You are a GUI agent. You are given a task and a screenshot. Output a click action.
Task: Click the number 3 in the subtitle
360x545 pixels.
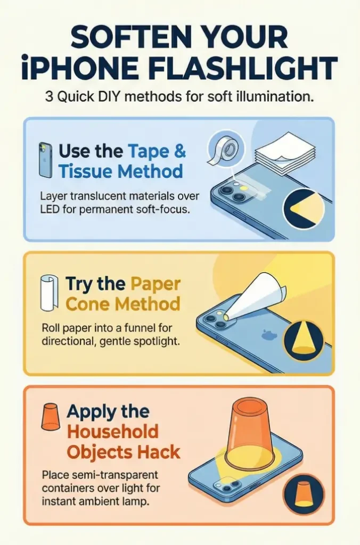[49, 96]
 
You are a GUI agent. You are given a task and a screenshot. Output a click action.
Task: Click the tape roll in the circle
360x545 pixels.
[226, 149]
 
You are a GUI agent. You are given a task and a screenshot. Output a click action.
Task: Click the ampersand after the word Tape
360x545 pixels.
[180, 151]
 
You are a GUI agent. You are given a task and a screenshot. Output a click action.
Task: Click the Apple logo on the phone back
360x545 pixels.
[269, 334]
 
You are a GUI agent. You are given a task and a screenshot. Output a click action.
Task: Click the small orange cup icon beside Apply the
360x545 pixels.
[50, 417]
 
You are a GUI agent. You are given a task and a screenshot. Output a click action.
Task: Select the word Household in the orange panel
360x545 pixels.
[113, 432]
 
